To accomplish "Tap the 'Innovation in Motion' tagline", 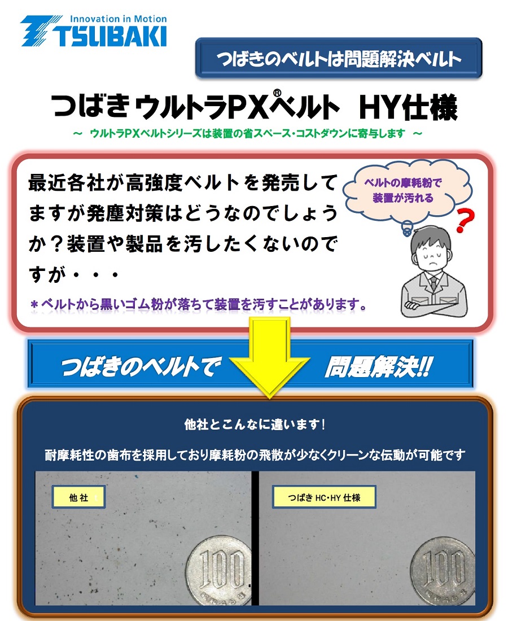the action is (118, 19).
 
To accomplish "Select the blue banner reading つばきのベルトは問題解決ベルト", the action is (339, 58).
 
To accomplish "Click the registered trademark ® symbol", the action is (277, 93).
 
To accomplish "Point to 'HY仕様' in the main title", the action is (408, 107).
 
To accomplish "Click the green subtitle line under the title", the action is (247, 133).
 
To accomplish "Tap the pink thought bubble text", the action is (403, 190).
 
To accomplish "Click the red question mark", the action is (465, 220).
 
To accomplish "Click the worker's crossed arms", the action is (434, 305).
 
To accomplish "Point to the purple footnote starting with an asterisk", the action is (198, 304).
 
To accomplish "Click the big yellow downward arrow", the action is (269, 356).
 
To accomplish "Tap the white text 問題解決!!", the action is (379, 367).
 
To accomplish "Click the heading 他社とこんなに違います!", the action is (255, 424).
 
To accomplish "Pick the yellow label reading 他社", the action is (78, 497).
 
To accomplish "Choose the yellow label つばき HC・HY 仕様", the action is (324, 497).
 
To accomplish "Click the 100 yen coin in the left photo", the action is (219, 570).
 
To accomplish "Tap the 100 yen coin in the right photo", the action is (443, 571).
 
